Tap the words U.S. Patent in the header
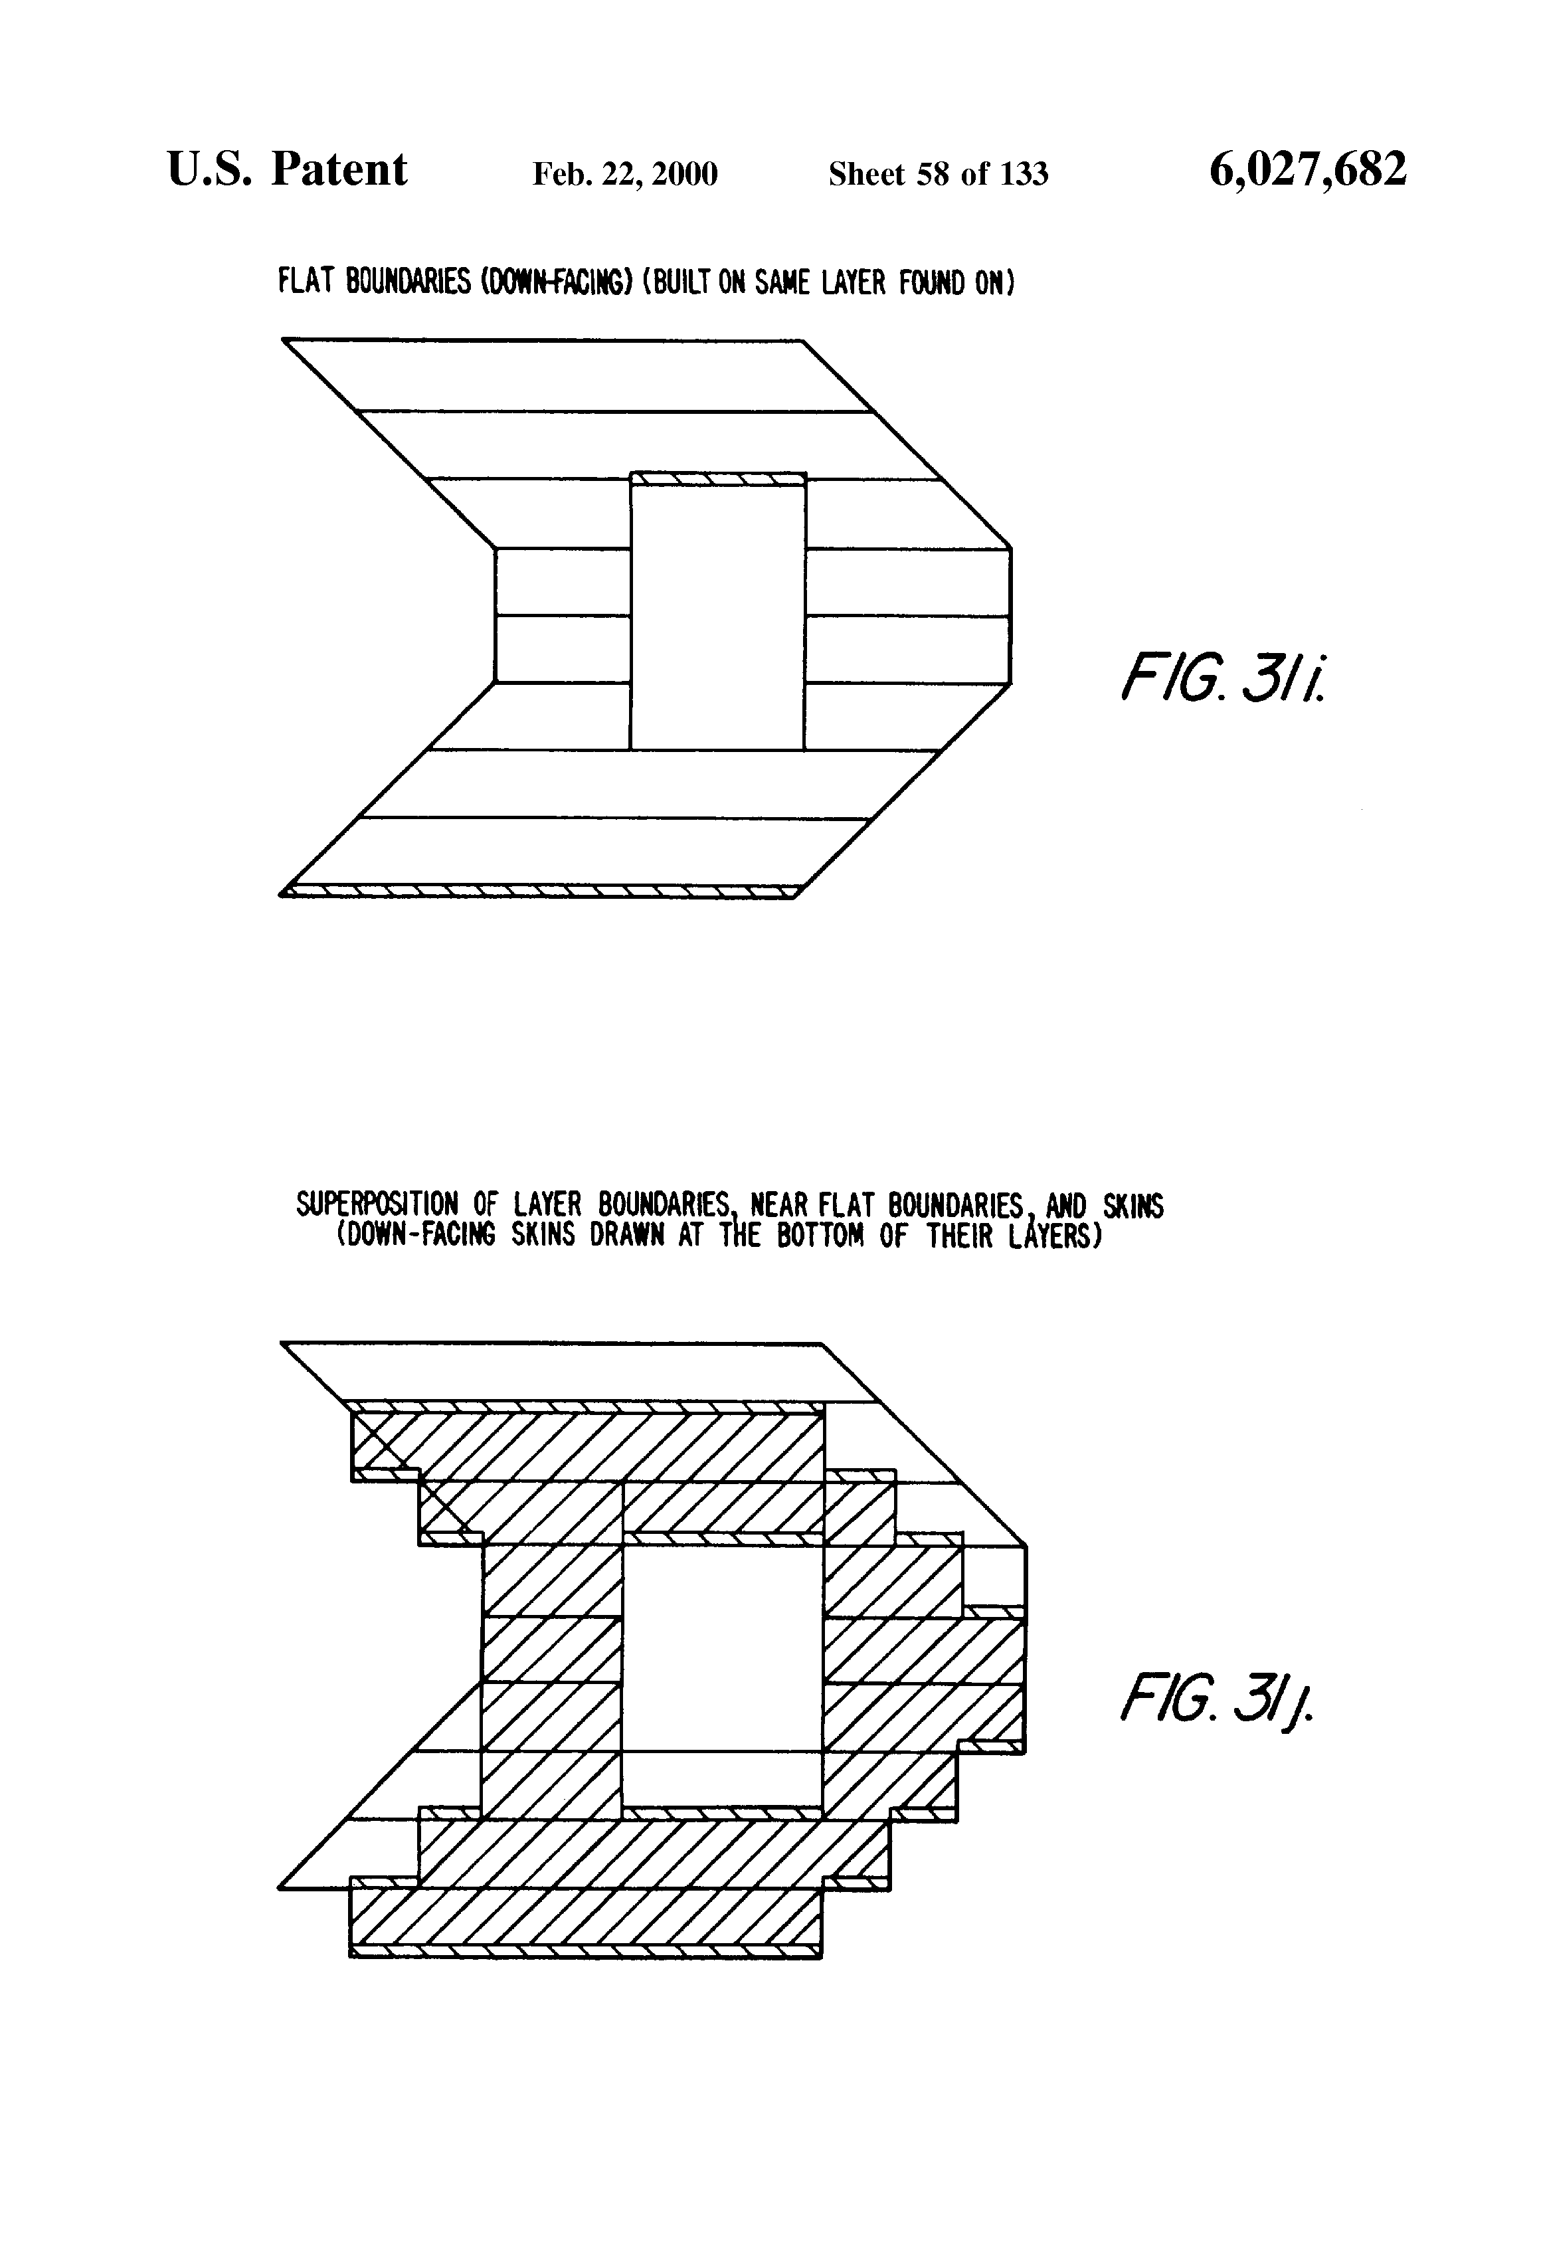click(x=288, y=171)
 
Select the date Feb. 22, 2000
click(x=624, y=174)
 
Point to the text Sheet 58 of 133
click(x=938, y=174)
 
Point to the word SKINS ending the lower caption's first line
click(x=1133, y=1206)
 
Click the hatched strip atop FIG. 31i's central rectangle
click(x=718, y=478)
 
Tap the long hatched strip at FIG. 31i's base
click(x=541, y=890)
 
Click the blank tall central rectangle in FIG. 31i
click(x=718, y=614)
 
